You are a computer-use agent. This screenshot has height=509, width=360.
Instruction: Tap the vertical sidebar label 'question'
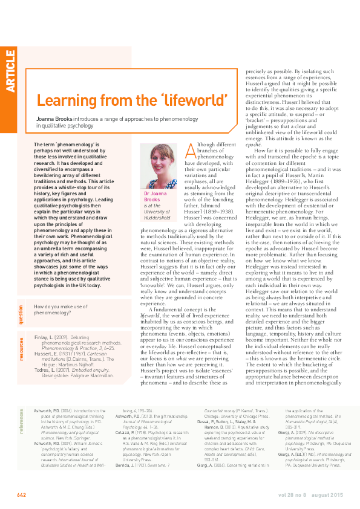coord(22,314)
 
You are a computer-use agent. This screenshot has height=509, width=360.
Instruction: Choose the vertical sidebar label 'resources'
coord(22,349)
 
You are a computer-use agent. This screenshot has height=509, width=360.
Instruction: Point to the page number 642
coord(21,495)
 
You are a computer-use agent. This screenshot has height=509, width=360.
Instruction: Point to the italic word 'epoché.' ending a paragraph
coord(255,146)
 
